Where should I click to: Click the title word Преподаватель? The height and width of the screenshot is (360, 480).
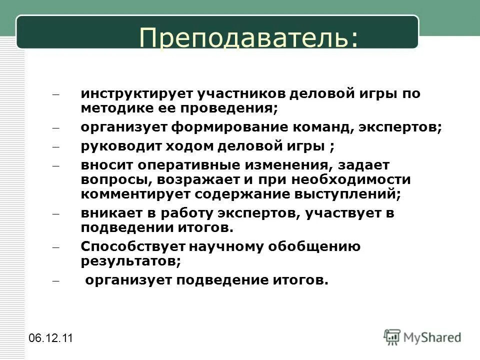(248, 38)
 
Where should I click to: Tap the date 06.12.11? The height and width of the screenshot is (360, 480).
(50, 338)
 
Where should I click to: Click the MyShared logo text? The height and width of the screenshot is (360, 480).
(433, 337)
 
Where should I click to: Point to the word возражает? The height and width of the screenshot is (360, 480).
(207, 179)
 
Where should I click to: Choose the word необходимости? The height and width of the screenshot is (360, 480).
(341, 179)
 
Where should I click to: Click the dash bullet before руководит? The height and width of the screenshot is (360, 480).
(55, 147)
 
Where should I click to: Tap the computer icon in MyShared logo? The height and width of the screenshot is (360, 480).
(392, 337)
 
